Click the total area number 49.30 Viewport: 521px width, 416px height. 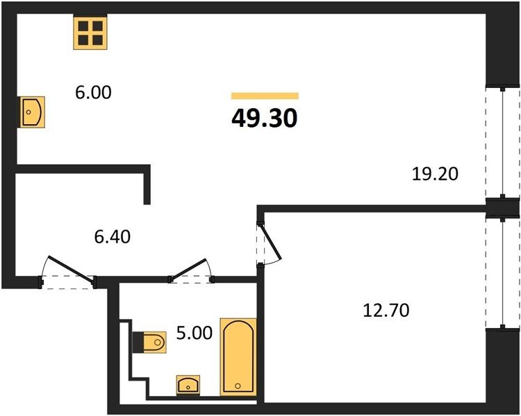[265, 119]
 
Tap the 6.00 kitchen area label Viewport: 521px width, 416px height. [93, 92]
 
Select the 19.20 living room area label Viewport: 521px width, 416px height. [435, 174]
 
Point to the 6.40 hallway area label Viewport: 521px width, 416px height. [113, 237]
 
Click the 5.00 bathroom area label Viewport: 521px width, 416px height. [194, 333]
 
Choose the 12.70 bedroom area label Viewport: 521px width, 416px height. [386, 311]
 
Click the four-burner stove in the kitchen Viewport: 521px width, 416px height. [90, 33]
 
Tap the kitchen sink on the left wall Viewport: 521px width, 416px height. [31, 112]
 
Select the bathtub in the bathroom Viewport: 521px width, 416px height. [238, 357]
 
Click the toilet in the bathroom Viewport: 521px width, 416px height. [150, 342]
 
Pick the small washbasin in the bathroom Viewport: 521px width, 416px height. [188, 385]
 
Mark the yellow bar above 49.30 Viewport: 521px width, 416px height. [265, 96]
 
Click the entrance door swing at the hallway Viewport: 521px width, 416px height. [70, 269]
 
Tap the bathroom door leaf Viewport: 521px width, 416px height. [189, 269]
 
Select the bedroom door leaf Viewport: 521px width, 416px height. [272, 241]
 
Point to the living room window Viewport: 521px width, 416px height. [503, 142]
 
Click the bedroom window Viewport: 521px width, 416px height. [503, 273]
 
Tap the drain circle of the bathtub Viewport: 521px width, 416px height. [238, 385]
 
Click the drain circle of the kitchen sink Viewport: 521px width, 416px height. [28, 112]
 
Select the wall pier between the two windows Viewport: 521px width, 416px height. [502, 208]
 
